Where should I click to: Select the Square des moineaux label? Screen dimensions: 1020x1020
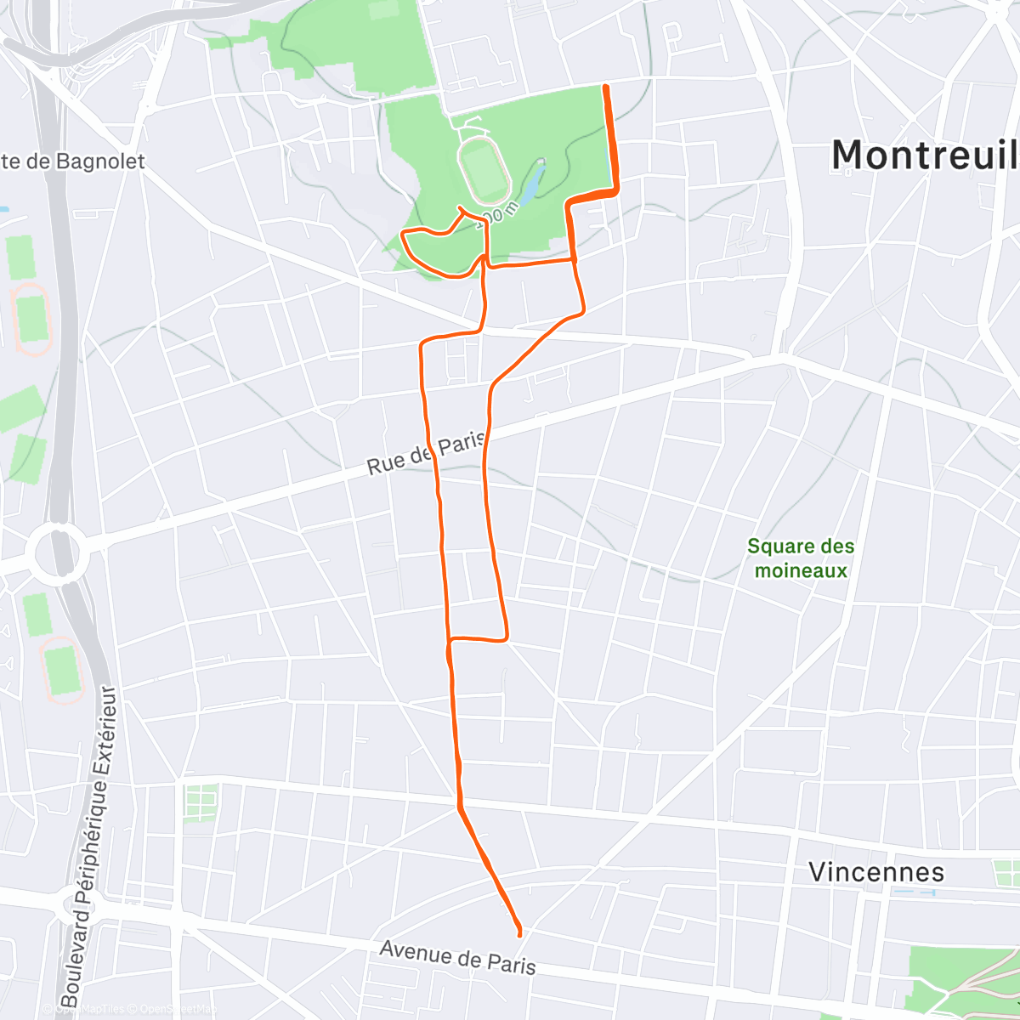click(x=801, y=558)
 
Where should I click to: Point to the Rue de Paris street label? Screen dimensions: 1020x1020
click(x=425, y=453)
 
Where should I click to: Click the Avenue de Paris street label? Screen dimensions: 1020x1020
click(x=457, y=956)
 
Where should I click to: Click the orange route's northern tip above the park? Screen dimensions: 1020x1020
click(x=605, y=88)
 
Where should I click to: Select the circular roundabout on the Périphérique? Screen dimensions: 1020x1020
click(x=58, y=554)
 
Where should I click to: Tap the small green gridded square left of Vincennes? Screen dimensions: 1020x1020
click(x=200, y=802)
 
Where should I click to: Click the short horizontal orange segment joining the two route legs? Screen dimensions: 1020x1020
click(x=478, y=638)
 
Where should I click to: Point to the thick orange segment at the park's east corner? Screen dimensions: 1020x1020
click(x=595, y=194)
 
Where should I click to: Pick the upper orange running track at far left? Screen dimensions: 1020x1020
click(x=31, y=318)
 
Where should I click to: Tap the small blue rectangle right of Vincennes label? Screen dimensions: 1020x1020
click(x=914, y=893)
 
